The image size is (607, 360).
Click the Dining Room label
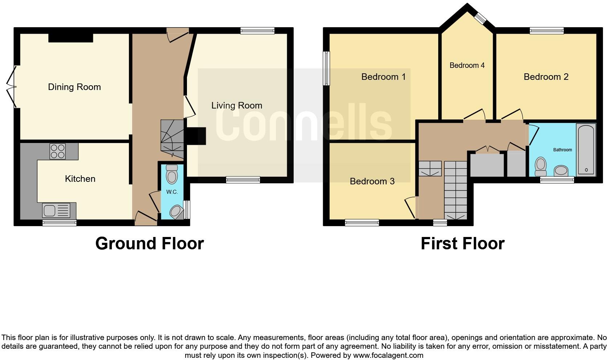tap(74, 87)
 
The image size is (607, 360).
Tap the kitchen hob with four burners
tap(58, 151)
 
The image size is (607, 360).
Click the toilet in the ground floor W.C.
tap(171, 175)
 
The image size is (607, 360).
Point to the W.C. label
tap(172, 192)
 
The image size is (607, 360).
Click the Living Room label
tap(237, 106)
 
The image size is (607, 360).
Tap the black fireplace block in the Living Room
tap(196, 136)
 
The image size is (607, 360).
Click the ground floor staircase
tap(171, 136)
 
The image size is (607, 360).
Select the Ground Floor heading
tap(149, 244)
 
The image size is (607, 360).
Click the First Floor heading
tap(462, 244)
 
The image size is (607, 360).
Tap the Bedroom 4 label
tap(467, 65)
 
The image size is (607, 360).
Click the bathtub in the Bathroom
tap(586, 150)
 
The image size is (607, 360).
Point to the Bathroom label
tap(562, 150)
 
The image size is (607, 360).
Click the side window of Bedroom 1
tap(327, 68)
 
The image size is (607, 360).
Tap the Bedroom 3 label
tap(372, 181)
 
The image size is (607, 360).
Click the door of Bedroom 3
tap(410, 207)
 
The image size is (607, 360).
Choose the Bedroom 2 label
tap(546, 77)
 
